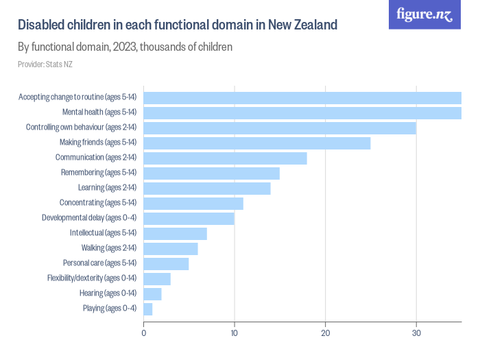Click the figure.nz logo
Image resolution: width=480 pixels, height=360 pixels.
424,14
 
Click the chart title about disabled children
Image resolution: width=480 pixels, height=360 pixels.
178,25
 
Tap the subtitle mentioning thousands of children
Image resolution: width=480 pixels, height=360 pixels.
125,47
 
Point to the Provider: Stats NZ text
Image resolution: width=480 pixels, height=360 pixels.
45,64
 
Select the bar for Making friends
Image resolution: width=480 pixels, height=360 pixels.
256,143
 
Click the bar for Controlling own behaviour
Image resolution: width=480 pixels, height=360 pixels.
280,128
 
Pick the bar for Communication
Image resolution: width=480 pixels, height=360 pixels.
225,158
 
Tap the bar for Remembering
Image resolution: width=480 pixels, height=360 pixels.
211,173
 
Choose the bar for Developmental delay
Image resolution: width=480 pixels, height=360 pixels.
189,218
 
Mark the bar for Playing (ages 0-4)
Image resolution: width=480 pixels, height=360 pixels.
147,309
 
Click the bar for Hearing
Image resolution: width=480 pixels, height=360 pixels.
152,293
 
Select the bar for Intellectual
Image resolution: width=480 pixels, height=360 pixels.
175,233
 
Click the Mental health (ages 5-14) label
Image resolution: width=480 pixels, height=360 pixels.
99,112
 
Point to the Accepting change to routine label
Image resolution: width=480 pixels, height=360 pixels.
77,97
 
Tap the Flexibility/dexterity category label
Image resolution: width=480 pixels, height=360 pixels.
92,278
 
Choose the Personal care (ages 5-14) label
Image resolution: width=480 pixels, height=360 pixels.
99,263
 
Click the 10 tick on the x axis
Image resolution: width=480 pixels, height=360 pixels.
235,333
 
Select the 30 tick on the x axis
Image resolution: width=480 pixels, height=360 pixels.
416,333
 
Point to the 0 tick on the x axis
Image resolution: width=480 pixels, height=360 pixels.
143,333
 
